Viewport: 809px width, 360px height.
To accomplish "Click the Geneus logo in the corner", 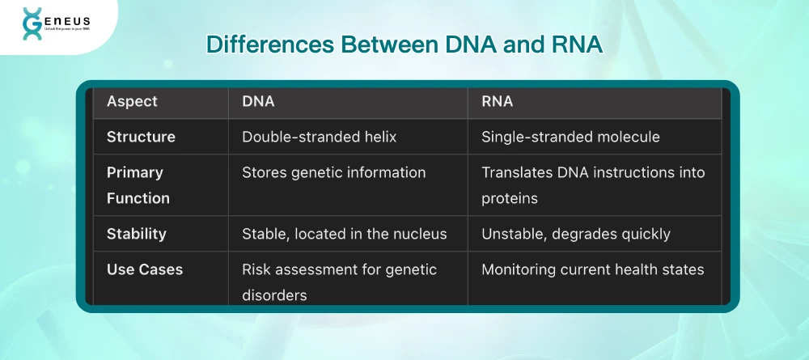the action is pyautogui.click(x=56, y=23).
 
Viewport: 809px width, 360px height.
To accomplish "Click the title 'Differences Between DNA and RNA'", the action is pyautogui.click(x=404, y=44).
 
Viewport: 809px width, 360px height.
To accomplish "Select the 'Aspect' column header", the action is pyautogui.click(x=132, y=102).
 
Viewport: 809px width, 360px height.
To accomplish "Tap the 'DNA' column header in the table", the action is pyautogui.click(x=258, y=102).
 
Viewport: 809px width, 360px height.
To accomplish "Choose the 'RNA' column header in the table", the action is pyautogui.click(x=498, y=102).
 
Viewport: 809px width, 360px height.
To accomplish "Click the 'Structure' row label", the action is pyautogui.click(x=141, y=137).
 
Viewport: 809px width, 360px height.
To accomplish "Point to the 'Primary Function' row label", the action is pyautogui.click(x=138, y=185).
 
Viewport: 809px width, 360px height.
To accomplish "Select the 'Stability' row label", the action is pyautogui.click(x=137, y=234).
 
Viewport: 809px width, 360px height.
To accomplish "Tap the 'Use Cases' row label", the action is pyautogui.click(x=145, y=269).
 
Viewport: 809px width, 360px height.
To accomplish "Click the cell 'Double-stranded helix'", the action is pyautogui.click(x=320, y=137).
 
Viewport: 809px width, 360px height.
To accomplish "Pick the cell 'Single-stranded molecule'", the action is pyautogui.click(x=570, y=137).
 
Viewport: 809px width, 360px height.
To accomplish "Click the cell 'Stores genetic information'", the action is pyautogui.click(x=334, y=172).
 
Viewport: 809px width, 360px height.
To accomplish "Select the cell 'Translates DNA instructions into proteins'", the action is pyautogui.click(x=593, y=185).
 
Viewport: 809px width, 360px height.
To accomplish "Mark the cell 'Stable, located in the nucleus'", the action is pyautogui.click(x=344, y=234).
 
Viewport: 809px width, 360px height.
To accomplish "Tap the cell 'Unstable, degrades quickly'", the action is pyautogui.click(x=576, y=234).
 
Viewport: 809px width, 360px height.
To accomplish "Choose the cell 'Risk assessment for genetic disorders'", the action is pyautogui.click(x=340, y=282).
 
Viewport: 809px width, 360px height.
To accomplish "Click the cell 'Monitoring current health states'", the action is pyautogui.click(x=593, y=269).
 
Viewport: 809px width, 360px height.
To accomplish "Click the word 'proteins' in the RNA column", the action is pyautogui.click(x=510, y=198).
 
